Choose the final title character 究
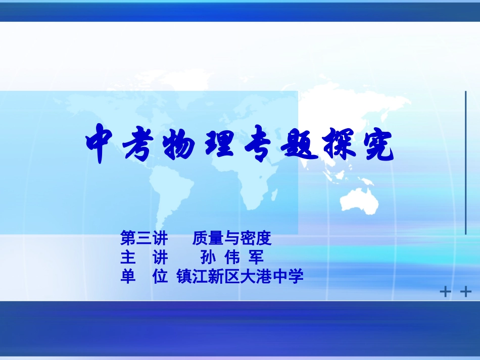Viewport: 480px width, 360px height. pyautogui.click(x=376, y=145)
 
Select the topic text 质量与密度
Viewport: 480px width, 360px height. pyautogui.click(x=232, y=238)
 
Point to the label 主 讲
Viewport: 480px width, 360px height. pyautogui.click(x=143, y=258)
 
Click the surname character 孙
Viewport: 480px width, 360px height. pyautogui.click(x=208, y=258)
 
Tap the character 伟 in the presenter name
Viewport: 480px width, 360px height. pyautogui.click(x=233, y=258)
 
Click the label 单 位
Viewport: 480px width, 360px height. pyautogui.click(x=143, y=277)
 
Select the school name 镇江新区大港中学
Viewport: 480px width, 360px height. pyautogui.click(x=240, y=277)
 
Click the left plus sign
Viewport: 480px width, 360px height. pyautogui.click(x=445, y=292)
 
